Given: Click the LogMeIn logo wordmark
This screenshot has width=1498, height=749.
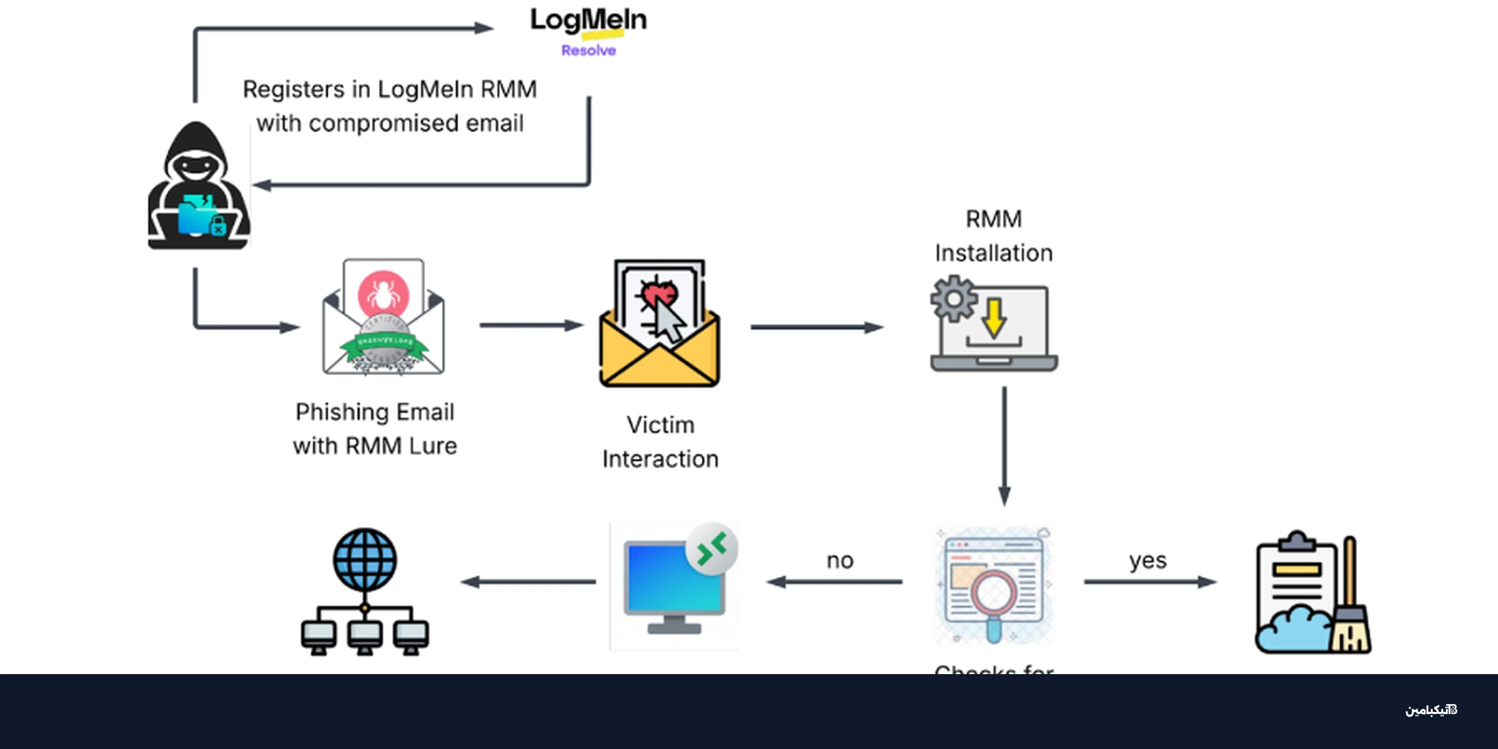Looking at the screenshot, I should click(x=588, y=20).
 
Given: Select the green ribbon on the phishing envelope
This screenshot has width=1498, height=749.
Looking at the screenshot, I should click(x=384, y=343).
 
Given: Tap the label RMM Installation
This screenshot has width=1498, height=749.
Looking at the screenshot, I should click(x=993, y=236).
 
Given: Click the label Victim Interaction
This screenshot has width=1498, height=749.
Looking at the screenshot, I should click(x=660, y=442).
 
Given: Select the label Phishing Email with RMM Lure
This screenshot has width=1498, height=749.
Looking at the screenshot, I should click(x=375, y=428).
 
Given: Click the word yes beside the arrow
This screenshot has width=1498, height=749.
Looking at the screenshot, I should click(x=1147, y=561).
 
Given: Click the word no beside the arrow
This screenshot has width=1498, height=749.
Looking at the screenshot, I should click(x=840, y=561).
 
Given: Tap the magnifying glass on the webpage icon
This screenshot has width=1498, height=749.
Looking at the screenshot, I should click(x=993, y=599).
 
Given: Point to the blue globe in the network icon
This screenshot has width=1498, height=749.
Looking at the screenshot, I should click(x=365, y=559).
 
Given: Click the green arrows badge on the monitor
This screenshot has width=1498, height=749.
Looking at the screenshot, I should click(x=712, y=548).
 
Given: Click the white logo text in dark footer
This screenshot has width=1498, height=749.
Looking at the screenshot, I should click(x=1431, y=710).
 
